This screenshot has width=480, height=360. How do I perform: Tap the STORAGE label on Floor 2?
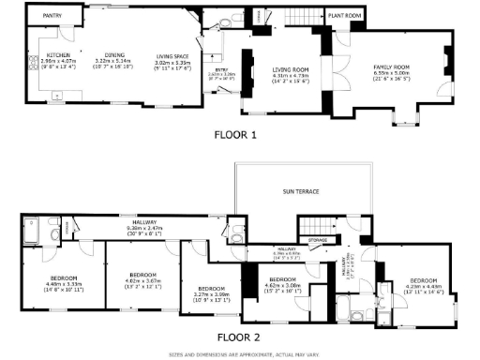(318, 241)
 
